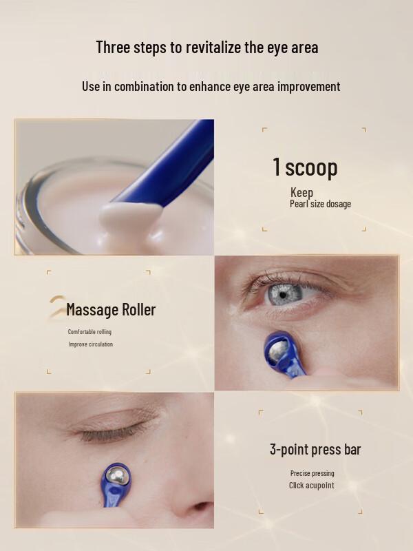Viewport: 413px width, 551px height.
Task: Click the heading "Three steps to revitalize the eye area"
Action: [206, 48]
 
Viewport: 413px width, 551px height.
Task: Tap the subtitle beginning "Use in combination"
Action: [211, 86]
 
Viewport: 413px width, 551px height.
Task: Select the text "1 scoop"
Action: [305, 167]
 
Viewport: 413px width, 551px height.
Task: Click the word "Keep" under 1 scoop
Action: [301, 193]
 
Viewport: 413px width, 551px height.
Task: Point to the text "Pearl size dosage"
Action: [320, 204]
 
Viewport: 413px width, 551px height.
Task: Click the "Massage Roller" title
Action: [111, 310]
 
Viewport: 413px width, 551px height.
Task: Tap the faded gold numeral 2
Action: [56, 307]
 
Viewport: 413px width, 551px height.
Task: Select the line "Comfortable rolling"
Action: [89, 332]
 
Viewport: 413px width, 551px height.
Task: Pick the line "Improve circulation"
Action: [90, 344]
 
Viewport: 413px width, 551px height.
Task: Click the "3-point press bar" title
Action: [315, 450]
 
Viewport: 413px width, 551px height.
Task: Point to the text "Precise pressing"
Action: [312, 473]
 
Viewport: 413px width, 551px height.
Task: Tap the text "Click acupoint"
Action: [311, 486]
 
